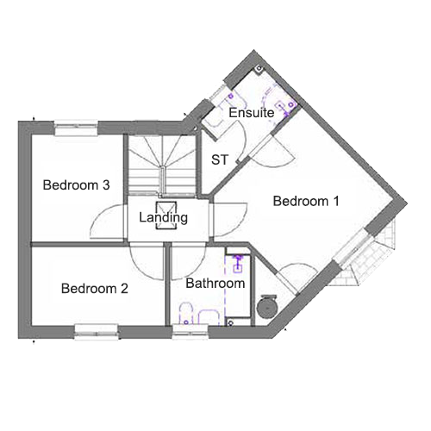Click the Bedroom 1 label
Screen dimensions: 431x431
coord(306,201)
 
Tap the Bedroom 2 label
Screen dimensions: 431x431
coord(95,289)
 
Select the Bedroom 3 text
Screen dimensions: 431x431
coord(76,184)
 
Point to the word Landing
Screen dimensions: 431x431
coord(163,217)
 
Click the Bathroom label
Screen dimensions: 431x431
coord(215,284)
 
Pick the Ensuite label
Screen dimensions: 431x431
coord(252,112)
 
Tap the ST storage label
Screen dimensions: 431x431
coord(220,159)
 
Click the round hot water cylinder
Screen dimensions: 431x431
coord(267,308)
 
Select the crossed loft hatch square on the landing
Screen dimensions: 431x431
coord(166,215)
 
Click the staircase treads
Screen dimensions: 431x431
coord(162,166)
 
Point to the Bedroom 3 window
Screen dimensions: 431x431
coord(76,128)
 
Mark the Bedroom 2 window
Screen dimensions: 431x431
coord(97,332)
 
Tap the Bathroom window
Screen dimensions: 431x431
coord(191,332)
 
